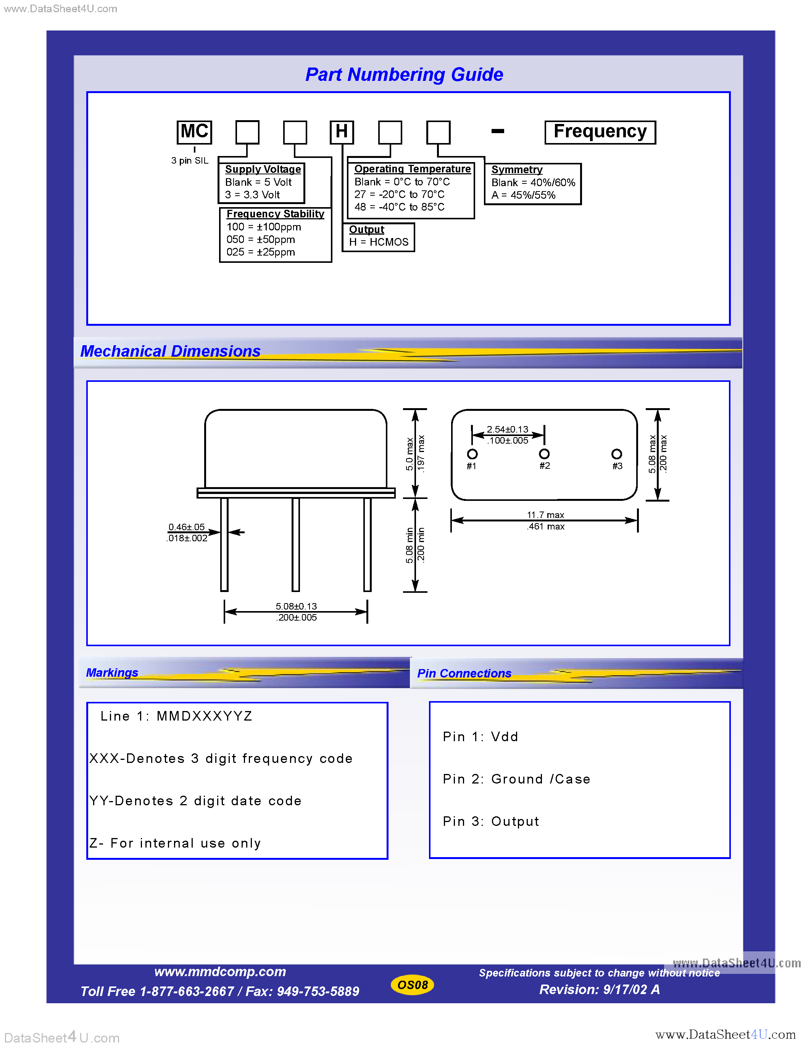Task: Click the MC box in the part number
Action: coord(194,132)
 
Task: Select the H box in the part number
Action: coord(342,132)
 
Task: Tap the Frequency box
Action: coord(600,132)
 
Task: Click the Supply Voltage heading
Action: coord(263,169)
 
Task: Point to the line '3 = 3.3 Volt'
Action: coord(252,195)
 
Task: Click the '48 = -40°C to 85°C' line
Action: coord(399,207)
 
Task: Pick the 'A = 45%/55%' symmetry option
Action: coord(523,195)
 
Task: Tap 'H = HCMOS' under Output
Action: coord(379,242)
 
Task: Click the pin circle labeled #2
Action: coord(544,454)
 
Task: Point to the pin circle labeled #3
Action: coord(616,454)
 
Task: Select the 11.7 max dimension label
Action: coord(545,515)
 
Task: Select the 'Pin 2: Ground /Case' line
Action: coord(516,779)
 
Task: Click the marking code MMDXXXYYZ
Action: coord(204,716)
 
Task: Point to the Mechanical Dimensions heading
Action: coord(170,351)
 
